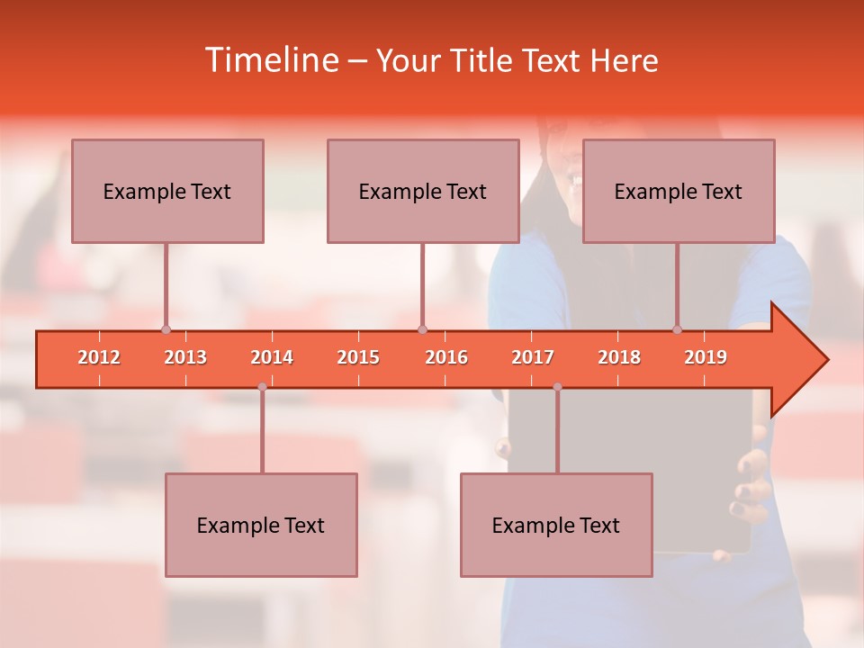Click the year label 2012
click(x=99, y=357)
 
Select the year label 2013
click(x=185, y=357)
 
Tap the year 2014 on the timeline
click(x=272, y=357)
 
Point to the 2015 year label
click(x=358, y=357)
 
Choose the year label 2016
click(x=446, y=357)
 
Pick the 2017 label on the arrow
click(x=533, y=357)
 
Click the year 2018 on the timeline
click(x=619, y=357)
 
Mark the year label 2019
click(x=706, y=357)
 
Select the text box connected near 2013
click(x=167, y=191)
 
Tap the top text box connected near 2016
click(x=423, y=191)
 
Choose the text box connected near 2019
click(x=679, y=191)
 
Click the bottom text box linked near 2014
click(x=261, y=525)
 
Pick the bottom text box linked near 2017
click(x=556, y=525)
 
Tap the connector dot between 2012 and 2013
click(x=166, y=329)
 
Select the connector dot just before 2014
click(x=262, y=387)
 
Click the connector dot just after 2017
click(x=557, y=387)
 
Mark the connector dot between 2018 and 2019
click(x=677, y=329)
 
